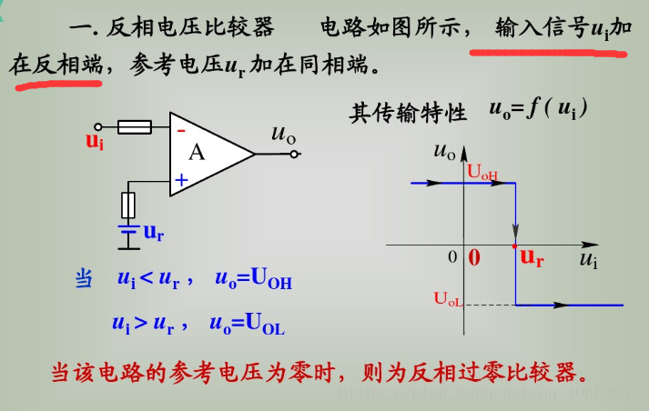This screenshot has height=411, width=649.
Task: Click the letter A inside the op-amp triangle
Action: click(197, 153)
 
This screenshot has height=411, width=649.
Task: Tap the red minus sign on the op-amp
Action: click(181, 130)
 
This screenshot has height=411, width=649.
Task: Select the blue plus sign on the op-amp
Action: click(181, 180)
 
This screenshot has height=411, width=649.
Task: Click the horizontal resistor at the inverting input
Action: click(135, 128)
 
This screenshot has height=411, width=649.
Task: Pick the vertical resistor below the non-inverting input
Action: click(129, 205)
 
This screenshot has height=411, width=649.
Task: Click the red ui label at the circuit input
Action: click(95, 141)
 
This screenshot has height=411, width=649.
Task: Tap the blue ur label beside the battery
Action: click(154, 233)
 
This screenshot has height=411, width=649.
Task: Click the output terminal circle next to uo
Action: click(294, 155)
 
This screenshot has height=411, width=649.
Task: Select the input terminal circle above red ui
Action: click(95, 128)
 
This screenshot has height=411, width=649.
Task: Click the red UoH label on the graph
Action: click(482, 170)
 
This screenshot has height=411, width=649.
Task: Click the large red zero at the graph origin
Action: click(473, 257)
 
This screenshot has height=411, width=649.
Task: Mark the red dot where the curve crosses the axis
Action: click(515, 246)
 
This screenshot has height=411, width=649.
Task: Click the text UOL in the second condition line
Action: click(267, 324)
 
